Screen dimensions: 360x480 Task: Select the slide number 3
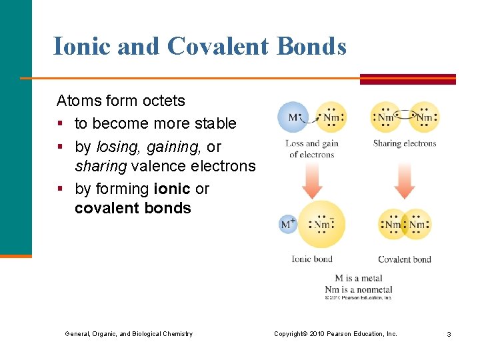pyautogui.click(x=449, y=334)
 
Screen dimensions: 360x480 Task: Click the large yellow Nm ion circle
pyautogui.click(x=321, y=224)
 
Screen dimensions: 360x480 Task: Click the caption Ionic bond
pyautogui.click(x=311, y=259)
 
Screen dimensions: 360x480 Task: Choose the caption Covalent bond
pyautogui.click(x=404, y=259)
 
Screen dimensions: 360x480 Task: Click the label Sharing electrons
pyautogui.click(x=404, y=143)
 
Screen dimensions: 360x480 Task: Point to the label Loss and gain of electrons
pyautogui.click(x=312, y=149)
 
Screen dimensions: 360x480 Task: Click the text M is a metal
pyautogui.click(x=358, y=279)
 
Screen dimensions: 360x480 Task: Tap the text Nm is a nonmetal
pyautogui.click(x=358, y=289)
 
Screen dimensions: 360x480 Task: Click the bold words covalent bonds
pyautogui.click(x=133, y=208)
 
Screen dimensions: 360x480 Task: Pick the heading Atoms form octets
pyautogui.click(x=121, y=101)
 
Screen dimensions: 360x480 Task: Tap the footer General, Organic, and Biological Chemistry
pyautogui.click(x=129, y=334)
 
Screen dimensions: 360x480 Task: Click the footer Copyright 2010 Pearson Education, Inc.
pyautogui.click(x=335, y=334)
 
